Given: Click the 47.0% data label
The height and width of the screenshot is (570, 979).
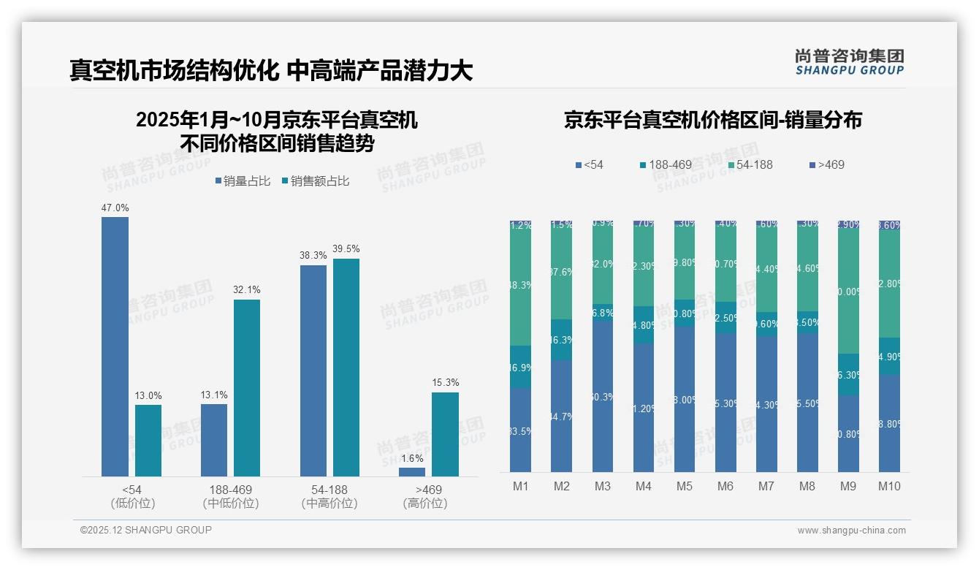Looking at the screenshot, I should [x=115, y=208].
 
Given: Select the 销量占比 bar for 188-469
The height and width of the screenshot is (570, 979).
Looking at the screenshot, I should [x=214, y=440].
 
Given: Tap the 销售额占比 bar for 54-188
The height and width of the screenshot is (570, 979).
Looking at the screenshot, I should [x=346, y=367].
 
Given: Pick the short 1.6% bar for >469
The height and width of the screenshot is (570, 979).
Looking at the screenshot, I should [x=412, y=472].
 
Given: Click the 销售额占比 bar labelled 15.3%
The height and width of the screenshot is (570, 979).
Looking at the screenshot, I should [x=445, y=434].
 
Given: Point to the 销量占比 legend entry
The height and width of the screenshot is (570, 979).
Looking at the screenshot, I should [x=245, y=181].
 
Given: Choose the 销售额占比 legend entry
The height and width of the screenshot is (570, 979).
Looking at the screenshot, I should [x=315, y=181].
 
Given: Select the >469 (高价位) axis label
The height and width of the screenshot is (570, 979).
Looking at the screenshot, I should [x=424, y=496].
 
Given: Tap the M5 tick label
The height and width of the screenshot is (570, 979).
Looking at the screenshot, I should [x=685, y=487].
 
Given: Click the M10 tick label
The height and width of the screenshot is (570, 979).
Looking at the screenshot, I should [x=889, y=487].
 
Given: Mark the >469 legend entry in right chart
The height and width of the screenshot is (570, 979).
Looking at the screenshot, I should [x=826, y=165].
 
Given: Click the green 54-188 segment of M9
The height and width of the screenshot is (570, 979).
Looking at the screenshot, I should [x=848, y=292].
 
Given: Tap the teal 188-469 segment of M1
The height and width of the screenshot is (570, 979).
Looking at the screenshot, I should [x=521, y=367].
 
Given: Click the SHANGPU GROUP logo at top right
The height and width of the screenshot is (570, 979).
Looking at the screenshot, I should [x=849, y=62].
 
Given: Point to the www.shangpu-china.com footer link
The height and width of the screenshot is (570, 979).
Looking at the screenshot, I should [x=851, y=531].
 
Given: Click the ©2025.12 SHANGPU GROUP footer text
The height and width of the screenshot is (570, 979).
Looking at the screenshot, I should [x=146, y=530].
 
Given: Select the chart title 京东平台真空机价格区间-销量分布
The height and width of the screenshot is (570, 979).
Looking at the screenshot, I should [x=712, y=121].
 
